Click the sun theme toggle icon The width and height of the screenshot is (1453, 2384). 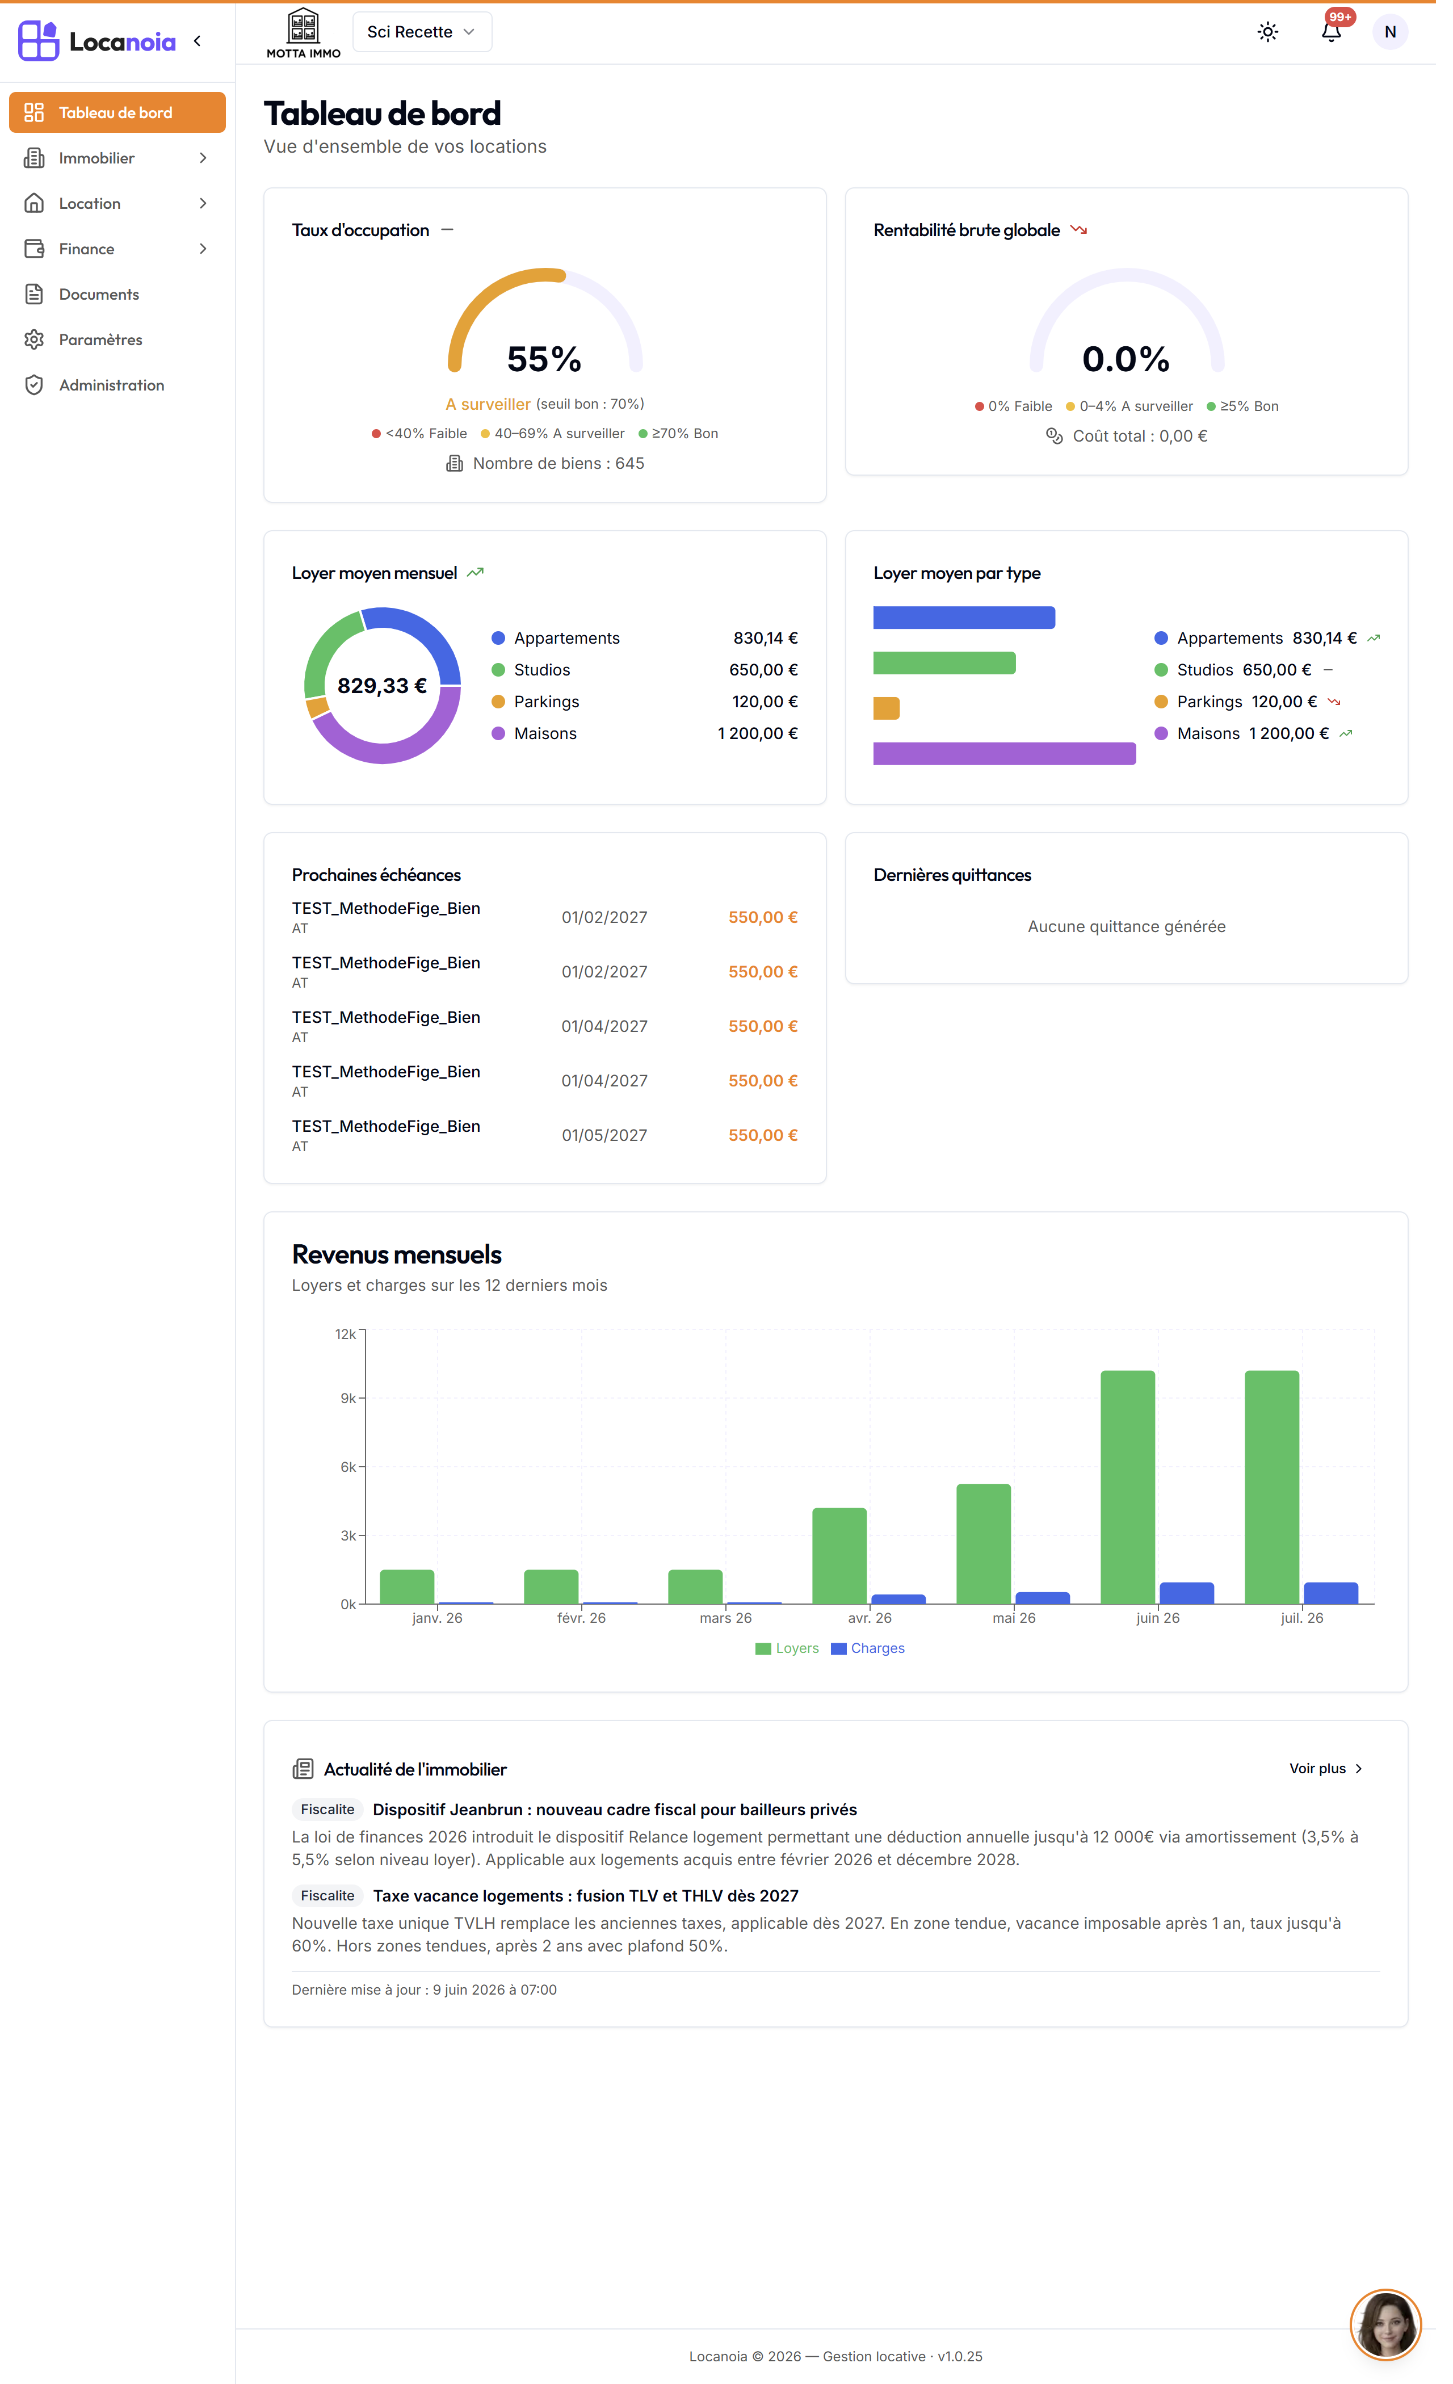pos(1282,32)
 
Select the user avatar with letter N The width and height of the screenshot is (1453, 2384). pos(1405,32)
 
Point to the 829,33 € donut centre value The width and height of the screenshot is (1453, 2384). pos(386,694)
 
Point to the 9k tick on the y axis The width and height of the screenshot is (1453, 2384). pos(352,1413)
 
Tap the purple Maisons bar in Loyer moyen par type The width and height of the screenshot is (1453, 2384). pos(1016,762)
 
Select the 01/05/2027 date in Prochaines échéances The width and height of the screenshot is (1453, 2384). pos(611,1148)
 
